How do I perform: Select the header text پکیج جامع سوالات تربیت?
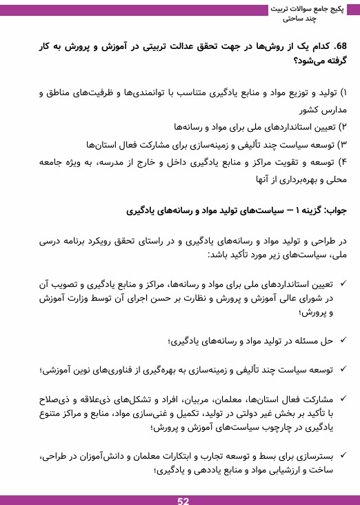(x=308, y=8)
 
